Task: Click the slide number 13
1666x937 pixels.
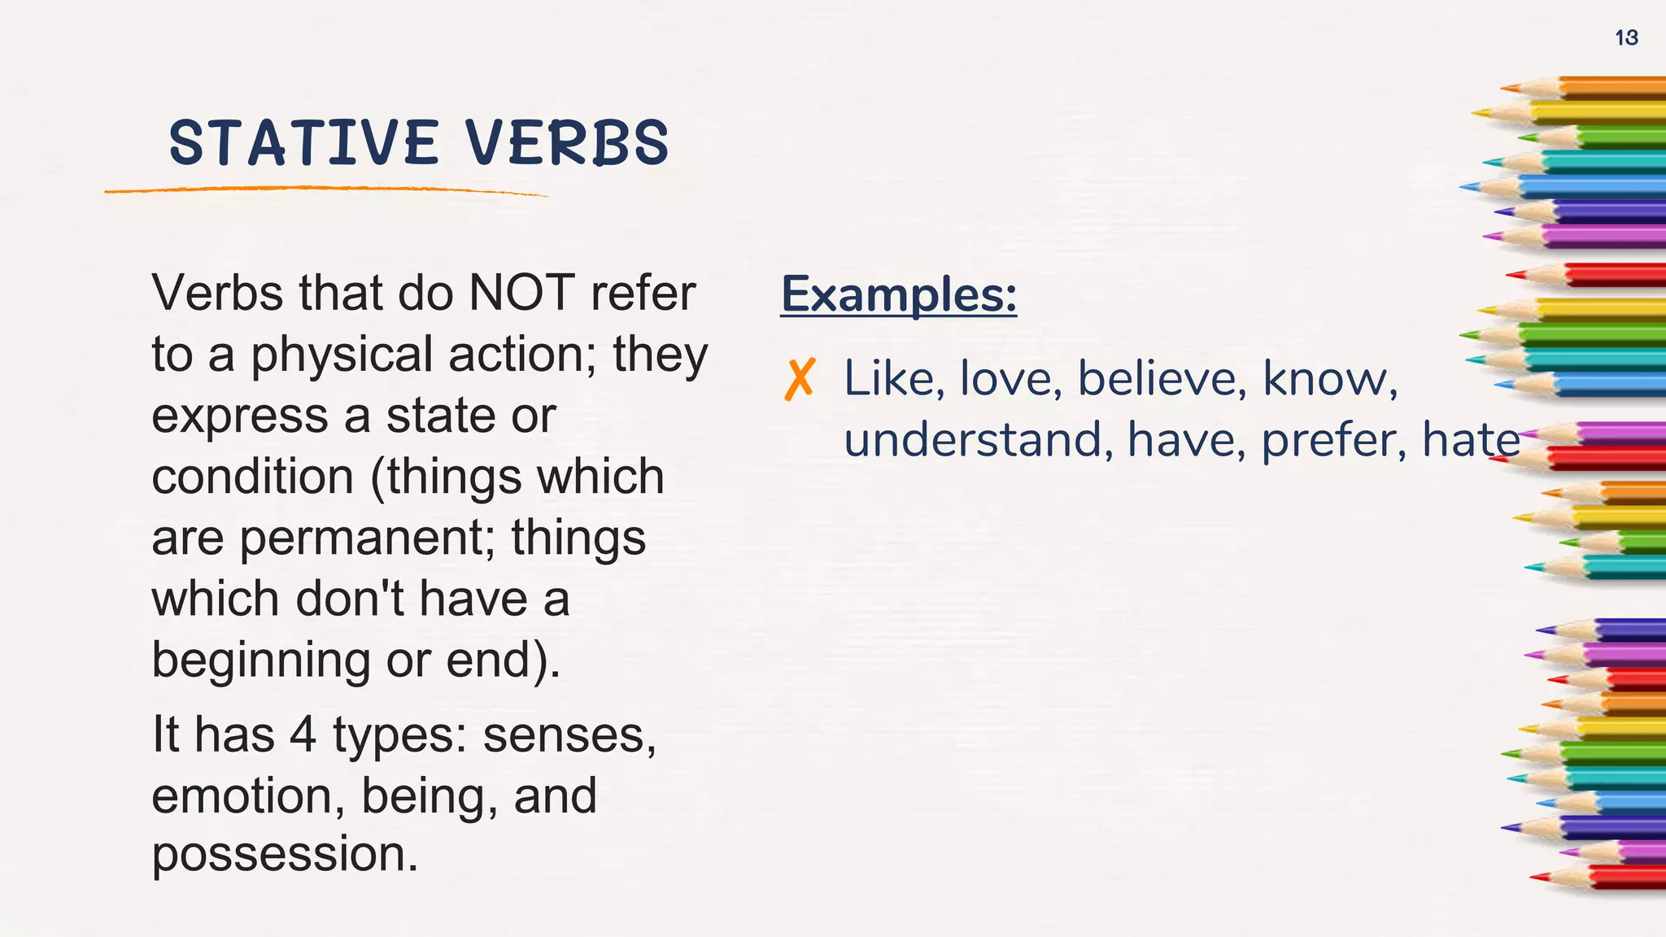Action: click(1626, 37)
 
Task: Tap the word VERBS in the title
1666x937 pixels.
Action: click(567, 143)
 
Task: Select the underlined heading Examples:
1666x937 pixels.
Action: click(898, 294)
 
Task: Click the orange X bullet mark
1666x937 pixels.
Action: click(800, 380)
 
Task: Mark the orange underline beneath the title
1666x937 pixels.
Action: click(325, 190)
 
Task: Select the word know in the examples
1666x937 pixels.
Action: click(1328, 379)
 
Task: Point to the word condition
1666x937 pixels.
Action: click(253, 477)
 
